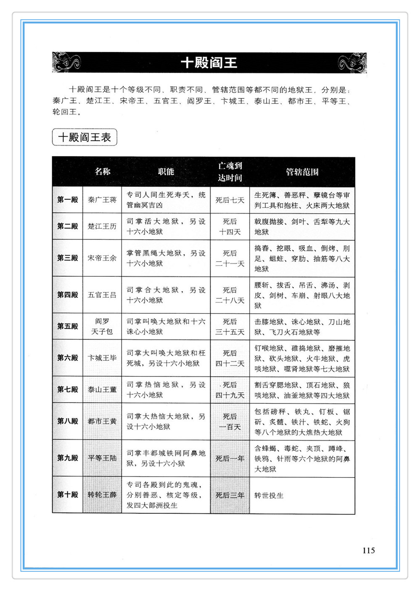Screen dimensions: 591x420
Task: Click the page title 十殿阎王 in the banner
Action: coord(209,63)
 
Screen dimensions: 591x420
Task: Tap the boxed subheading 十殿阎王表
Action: coord(85,137)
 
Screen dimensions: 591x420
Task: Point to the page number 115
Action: coord(368,550)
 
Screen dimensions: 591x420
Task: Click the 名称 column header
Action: coord(102,171)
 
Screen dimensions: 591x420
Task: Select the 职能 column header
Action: coord(166,171)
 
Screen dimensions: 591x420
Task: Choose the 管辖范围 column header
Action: coord(302,172)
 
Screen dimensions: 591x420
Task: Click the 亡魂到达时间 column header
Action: coord(230,172)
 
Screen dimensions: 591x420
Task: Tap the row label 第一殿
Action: coord(67,199)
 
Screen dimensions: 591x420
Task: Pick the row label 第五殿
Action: coord(67,326)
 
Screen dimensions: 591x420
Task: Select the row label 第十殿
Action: coord(67,495)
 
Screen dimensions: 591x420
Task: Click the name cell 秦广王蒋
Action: coord(102,200)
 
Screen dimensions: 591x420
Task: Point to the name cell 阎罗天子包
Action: coord(102,326)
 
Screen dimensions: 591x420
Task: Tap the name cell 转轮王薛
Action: coord(102,495)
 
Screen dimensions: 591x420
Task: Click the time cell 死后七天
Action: coord(230,200)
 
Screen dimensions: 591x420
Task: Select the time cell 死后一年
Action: coord(230,458)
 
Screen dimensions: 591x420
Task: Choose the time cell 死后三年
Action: coord(230,495)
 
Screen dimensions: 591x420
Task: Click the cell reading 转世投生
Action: coord(269,495)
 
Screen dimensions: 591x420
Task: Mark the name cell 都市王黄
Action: coord(102,421)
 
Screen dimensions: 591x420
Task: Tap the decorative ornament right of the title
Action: coord(352,63)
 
